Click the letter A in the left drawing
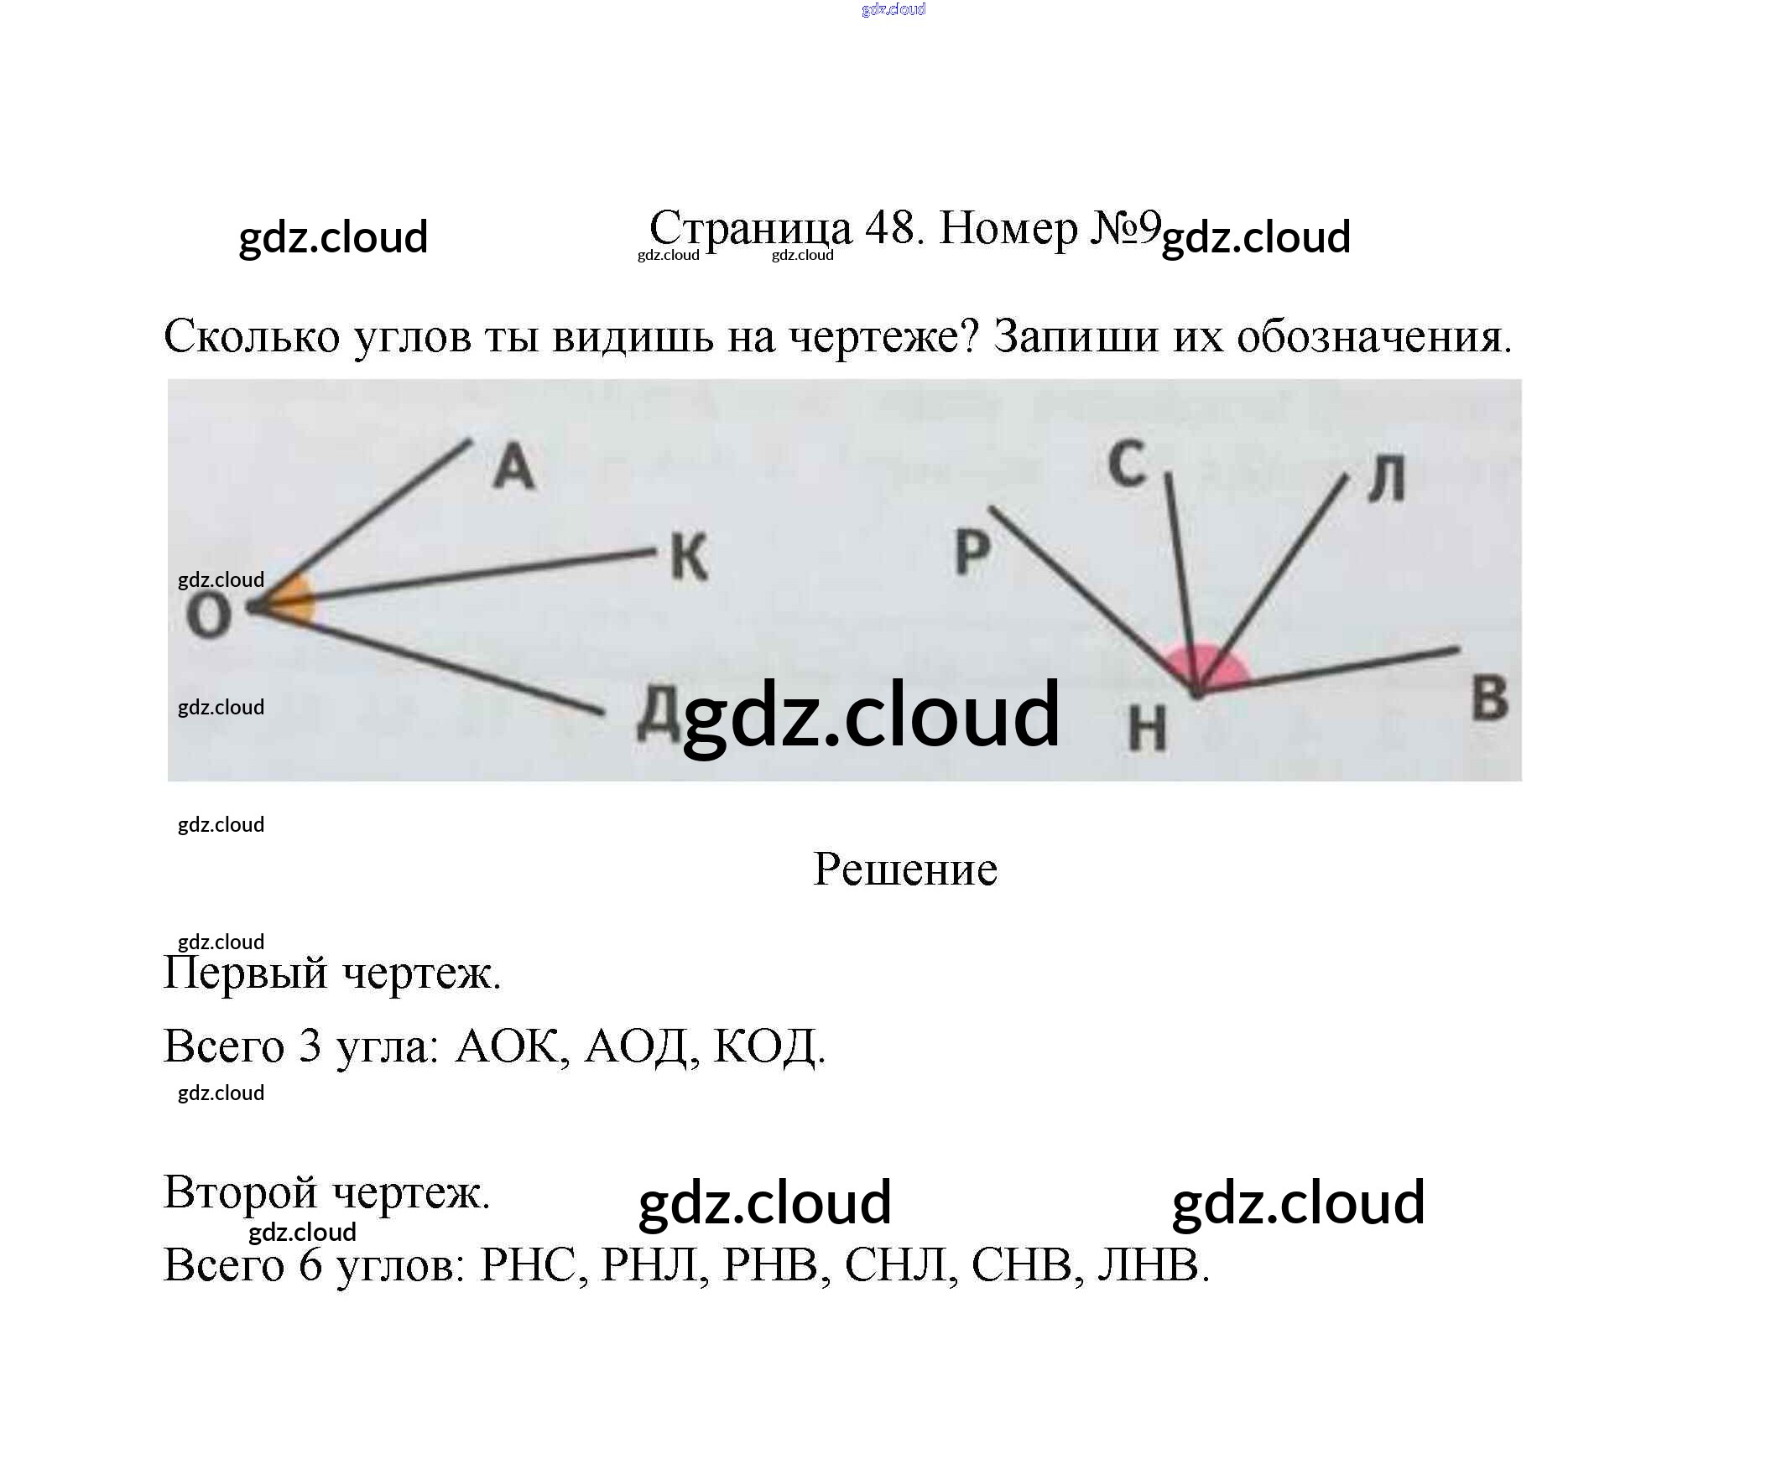click(513, 467)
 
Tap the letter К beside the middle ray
click(690, 558)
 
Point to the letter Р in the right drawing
click(972, 553)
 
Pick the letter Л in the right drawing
click(1386, 480)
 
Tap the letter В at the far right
click(1490, 699)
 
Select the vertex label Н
click(1148, 729)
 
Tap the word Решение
click(904, 870)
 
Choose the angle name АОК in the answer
click(506, 1046)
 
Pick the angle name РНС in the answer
click(529, 1265)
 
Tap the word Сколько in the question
click(252, 336)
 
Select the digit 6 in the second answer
click(310, 1265)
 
